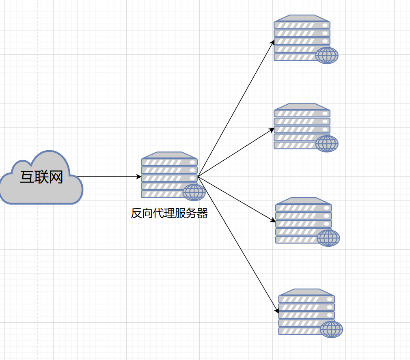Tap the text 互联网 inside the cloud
[41, 177]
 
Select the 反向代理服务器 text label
[169, 213]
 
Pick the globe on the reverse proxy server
[194, 192]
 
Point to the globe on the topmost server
[327, 55]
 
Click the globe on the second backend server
[327, 144]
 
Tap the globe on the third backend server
[328, 238]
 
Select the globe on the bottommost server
[331, 329]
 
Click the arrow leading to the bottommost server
[238, 244]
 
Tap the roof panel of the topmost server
[302, 18]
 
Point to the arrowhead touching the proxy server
[139, 177]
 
